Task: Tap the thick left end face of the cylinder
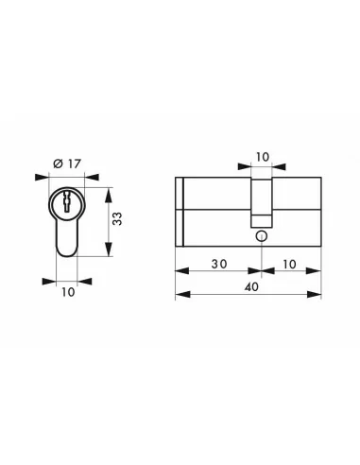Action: coord(179,213)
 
